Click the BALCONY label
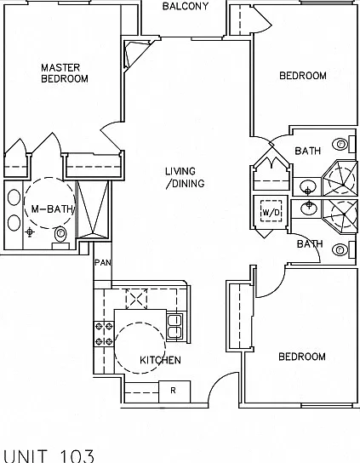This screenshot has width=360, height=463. pyautogui.click(x=186, y=6)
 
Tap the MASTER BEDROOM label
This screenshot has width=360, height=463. pyautogui.click(x=65, y=73)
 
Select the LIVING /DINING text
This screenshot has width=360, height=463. pyautogui.click(x=185, y=177)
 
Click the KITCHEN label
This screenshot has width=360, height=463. pyautogui.click(x=160, y=360)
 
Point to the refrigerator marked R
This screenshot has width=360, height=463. pyautogui.click(x=174, y=392)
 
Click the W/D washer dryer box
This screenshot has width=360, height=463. pyautogui.click(x=271, y=211)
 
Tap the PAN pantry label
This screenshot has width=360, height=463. pyautogui.click(x=103, y=262)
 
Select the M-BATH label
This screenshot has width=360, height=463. pyautogui.click(x=52, y=209)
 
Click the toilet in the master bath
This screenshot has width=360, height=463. pyautogui.click(x=60, y=237)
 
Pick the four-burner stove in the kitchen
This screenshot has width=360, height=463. pyautogui.click(x=104, y=334)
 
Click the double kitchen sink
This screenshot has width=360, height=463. pyautogui.click(x=174, y=326)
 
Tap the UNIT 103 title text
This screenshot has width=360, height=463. pyautogui.click(x=49, y=456)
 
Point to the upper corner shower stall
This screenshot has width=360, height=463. pyautogui.click(x=340, y=178)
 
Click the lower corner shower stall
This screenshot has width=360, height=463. pyautogui.click(x=340, y=216)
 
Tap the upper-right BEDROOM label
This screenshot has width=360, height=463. pyautogui.click(x=303, y=76)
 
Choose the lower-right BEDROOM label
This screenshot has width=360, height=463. pyautogui.click(x=302, y=357)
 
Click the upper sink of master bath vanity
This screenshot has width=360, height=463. pyautogui.click(x=14, y=197)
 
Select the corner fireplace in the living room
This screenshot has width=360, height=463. pyautogui.click(x=136, y=54)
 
